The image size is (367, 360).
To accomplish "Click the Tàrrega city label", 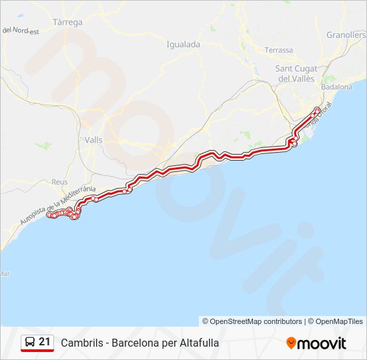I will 67,22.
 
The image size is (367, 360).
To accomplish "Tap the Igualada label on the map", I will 183,44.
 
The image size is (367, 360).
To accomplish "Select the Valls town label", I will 94,139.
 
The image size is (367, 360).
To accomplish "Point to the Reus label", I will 60,181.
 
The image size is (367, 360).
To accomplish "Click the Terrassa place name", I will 278,50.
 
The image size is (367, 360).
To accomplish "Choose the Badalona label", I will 336,87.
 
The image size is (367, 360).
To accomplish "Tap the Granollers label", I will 346,35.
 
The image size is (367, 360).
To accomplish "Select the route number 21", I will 45,342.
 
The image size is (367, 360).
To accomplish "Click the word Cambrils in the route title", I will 81,343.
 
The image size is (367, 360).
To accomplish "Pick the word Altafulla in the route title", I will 198,343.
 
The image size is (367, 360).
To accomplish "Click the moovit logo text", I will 322,343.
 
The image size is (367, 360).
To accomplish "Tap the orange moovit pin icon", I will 291,343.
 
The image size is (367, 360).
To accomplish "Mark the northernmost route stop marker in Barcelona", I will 317,109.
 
